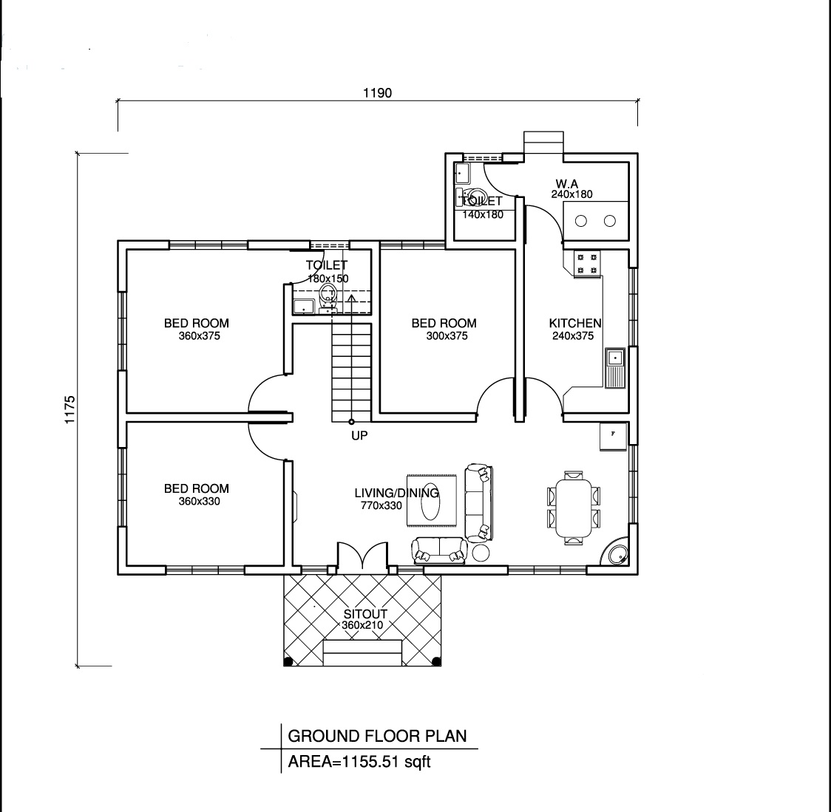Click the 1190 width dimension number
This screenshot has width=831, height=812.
tap(377, 93)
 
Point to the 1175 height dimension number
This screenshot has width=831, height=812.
tap(70, 409)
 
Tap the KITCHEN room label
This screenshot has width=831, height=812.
tap(575, 323)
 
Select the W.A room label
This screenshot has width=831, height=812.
tap(566, 184)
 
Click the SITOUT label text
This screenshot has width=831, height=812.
tap(365, 614)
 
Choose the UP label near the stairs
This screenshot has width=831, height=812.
tap(359, 435)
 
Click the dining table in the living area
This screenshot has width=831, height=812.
tap(574, 508)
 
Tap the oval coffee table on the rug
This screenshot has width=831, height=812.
tap(430, 501)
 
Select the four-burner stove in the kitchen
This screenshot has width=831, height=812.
tap(587, 263)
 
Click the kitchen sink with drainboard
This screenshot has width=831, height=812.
tap(615, 368)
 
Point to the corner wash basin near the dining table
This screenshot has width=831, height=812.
tap(616, 554)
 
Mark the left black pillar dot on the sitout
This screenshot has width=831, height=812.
tap(288, 661)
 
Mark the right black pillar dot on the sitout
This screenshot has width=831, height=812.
tap(436, 661)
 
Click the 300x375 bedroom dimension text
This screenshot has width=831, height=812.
tap(447, 336)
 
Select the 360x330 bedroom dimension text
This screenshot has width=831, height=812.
tap(200, 501)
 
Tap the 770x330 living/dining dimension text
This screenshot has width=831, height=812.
tap(381, 505)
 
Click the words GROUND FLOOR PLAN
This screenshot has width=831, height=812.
tap(377, 736)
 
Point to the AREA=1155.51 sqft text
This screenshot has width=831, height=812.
tap(359, 762)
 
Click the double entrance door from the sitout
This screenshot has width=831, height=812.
tap(362, 556)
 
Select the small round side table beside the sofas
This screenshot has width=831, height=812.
tap(481, 553)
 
